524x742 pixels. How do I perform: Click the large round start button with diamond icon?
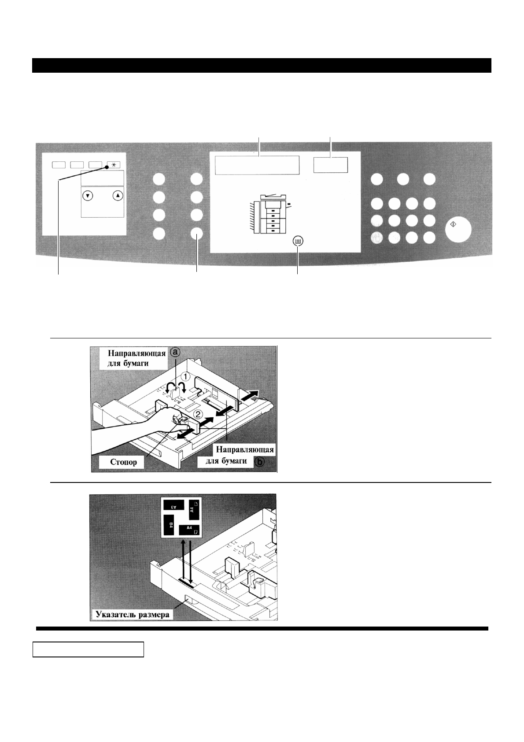tap(458, 230)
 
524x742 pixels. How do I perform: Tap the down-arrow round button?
tap(89, 195)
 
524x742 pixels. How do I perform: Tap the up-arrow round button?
tap(117, 195)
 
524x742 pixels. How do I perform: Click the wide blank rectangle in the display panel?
tap(257, 164)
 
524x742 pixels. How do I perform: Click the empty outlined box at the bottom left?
tap(89, 649)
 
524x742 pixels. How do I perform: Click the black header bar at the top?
tap(262, 65)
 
